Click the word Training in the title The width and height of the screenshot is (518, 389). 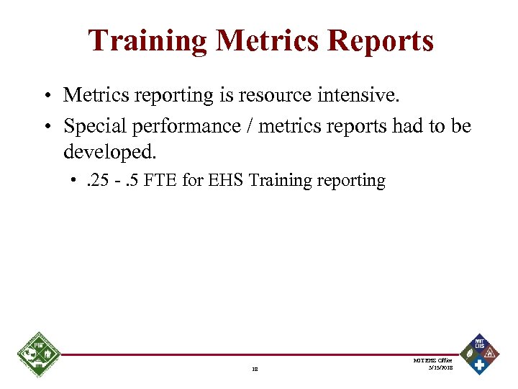pyautogui.click(x=147, y=40)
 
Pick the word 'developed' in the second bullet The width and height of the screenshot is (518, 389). pyautogui.click(x=107, y=153)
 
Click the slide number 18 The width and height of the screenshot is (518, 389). pyautogui.click(x=255, y=369)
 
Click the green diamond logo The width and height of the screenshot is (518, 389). pyautogui.click(x=38, y=355)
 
